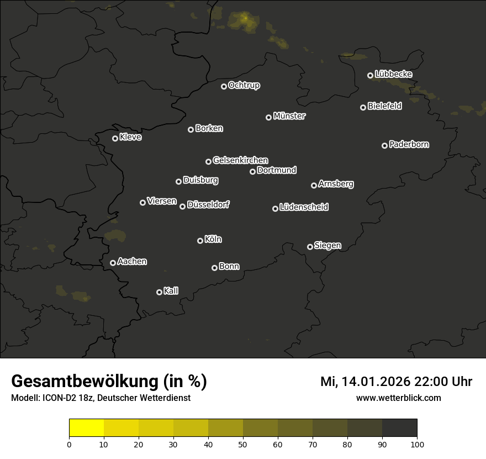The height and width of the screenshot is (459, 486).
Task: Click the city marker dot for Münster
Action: (x=268, y=117)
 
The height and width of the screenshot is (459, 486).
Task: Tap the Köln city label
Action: (x=213, y=239)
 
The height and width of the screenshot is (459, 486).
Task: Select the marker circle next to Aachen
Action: (x=113, y=263)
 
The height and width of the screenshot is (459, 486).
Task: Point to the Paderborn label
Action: (x=409, y=144)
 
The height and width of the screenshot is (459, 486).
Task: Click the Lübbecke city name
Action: (x=393, y=74)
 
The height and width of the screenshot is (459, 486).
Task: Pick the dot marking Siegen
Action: (x=310, y=247)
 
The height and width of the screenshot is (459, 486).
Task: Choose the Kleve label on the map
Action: (x=130, y=137)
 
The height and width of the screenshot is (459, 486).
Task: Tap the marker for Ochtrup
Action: (x=224, y=86)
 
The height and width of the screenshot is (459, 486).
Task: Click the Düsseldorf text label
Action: (x=208, y=205)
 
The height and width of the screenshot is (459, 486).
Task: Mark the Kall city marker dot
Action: (x=159, y=292)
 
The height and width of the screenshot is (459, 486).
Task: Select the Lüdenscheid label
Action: (x=304, y=207)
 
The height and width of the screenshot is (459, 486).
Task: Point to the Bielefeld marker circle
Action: (x=363, y=107)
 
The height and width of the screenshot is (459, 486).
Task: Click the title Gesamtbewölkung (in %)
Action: (x=109, y=382)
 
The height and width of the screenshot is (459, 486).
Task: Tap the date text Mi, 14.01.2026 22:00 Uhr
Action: (x=396, y=382)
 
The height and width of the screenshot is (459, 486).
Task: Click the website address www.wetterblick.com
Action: (x=398, y=398)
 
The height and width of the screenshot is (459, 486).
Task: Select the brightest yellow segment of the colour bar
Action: (x=86, y=428)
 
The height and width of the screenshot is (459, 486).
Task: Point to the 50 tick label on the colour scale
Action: (x=243, y=444)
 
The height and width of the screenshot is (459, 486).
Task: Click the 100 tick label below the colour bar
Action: (x=417, y=444)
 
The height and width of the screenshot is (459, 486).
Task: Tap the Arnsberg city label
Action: (x=336, y=184)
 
